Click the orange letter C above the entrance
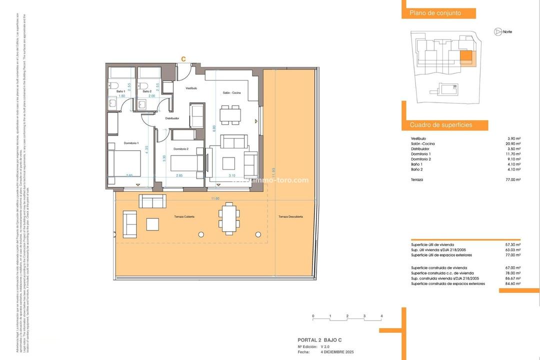(183, 59)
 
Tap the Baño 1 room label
(120, 91)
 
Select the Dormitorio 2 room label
(180, 149)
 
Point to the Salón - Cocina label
(232, 93)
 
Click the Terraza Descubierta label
(290, 216)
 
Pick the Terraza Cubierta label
(184, 216)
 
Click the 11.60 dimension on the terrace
(215, 199)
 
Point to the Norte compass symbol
(498, 32)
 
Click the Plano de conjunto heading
(435, 13)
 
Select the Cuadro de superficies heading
(441, 125)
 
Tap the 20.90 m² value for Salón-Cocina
(513, 144)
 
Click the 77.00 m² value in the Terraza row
(513, 179)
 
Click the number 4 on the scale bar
(381, 316)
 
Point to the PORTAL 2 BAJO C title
(319, 340)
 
